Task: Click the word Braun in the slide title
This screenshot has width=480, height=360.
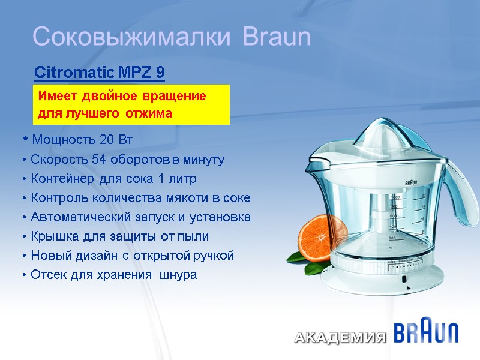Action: [277, 37]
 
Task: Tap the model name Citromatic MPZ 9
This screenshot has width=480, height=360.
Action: [100, 73]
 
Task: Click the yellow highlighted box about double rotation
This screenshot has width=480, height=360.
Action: [131, 104]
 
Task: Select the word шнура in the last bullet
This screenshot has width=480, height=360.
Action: [181, 275]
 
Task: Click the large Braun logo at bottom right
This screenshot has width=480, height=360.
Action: [425, 333]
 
